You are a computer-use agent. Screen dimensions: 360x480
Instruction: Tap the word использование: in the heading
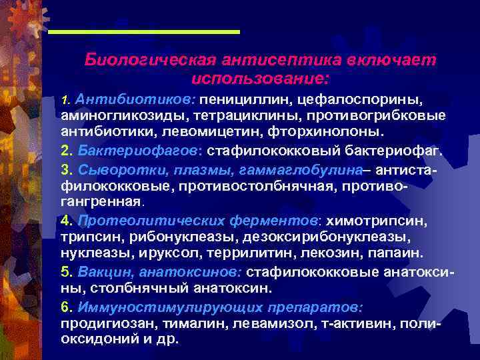point(260,78)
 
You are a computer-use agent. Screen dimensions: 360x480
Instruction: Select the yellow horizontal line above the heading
point(144,31)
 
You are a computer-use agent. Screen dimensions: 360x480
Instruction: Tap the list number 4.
point(65,219)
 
